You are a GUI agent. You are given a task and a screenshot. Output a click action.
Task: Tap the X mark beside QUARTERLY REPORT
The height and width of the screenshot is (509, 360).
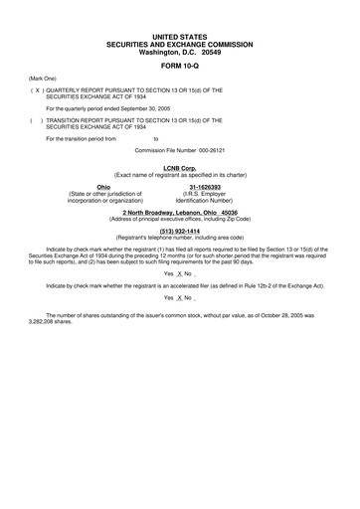tap(38, 89)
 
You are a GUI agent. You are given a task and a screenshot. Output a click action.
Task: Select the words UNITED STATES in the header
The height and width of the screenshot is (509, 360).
tap(180, 37)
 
